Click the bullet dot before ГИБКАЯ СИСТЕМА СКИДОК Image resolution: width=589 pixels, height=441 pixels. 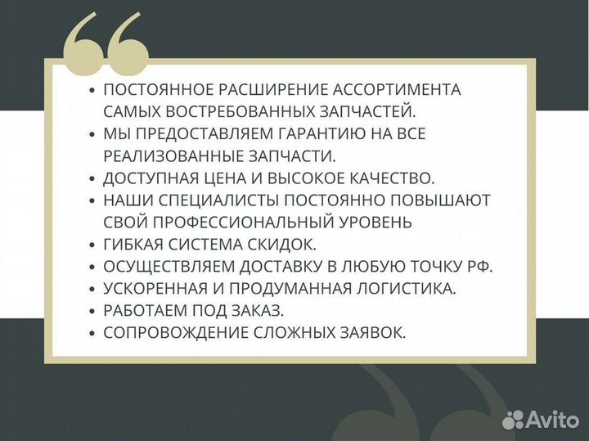click(x=92, y=245)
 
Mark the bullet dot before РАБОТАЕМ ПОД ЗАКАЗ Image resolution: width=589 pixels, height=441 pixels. click(x=92, y=311)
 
